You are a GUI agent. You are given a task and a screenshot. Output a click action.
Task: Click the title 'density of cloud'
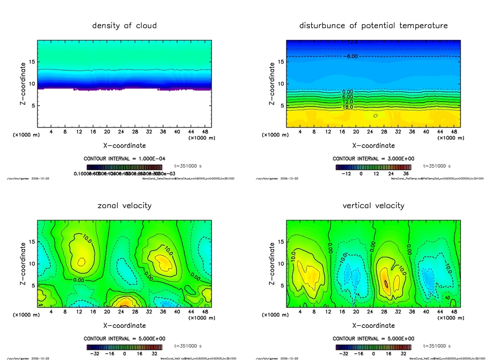point(124,26)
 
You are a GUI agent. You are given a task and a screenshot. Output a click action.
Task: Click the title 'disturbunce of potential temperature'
point(373,26)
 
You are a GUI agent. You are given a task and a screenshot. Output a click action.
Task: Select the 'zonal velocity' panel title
point(124,206)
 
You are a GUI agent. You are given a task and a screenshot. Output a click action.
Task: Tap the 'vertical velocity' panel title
point(373,206)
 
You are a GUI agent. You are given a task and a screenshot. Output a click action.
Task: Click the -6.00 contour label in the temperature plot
point(351,56)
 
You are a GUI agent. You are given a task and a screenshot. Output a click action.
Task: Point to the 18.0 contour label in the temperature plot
point(348,107)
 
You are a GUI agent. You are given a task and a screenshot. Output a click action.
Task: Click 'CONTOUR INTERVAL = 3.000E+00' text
point(373,159)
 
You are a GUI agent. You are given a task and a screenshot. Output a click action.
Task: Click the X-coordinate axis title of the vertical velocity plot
point(373,325)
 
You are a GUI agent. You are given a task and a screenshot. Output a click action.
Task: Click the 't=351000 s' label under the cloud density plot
point(188,166)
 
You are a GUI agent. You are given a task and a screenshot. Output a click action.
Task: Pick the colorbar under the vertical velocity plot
point(373,347)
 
